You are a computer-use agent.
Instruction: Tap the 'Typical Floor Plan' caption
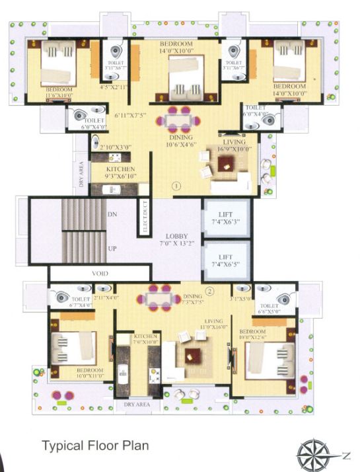(x=95, y=446)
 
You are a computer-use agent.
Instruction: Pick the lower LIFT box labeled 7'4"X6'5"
(x=226, y=261)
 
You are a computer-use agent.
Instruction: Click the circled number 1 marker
(x=176, y=186)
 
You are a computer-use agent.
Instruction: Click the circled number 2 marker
(x=209, y=290)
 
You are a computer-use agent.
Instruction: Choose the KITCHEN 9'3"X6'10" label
(x=121, y=173)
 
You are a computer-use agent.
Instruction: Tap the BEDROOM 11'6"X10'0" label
(x=59, y=91)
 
